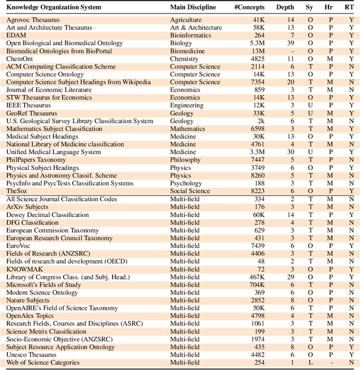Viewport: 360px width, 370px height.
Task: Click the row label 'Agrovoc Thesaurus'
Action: click(x=33, y=20)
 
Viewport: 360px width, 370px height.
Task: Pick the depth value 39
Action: click(x=290, y=43)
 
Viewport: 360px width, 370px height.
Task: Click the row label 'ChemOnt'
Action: click(x=19, y=58)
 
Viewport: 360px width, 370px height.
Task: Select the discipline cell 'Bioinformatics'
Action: click(x=192, y=35)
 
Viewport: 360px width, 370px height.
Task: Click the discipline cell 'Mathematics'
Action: click(x=189, y=129)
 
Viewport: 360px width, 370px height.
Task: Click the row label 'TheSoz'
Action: click(x=17, y=191)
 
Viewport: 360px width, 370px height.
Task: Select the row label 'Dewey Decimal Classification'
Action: click(x=47, y=215)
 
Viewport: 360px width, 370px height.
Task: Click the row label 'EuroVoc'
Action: click(x=20, y=246)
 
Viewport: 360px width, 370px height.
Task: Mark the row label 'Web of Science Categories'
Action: click(x=43, y=363)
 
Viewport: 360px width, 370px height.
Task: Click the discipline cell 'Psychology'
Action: click(x=186, y=183)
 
